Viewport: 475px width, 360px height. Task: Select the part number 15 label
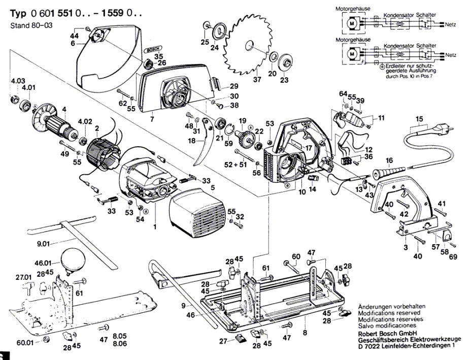419,119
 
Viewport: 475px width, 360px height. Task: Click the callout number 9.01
44,244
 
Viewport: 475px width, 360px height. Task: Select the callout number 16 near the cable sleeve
389,160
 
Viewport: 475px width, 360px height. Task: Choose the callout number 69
453,256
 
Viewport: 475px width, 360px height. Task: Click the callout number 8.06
120,344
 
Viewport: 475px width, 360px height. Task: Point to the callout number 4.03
17,81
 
